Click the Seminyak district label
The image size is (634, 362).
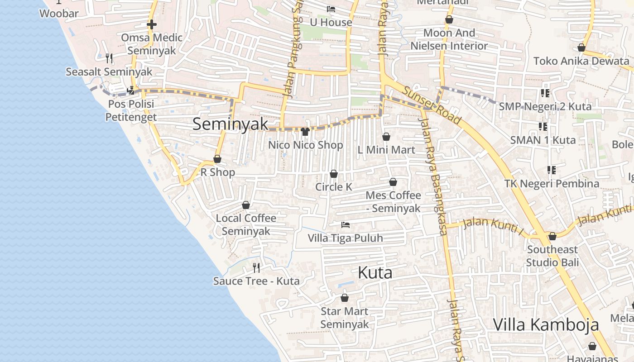click(x=230, y=124)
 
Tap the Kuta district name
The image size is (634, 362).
click(x=375, y=272)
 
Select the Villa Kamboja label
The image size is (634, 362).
click(x=546, y=324)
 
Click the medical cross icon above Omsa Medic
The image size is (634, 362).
click(x=152, y=24)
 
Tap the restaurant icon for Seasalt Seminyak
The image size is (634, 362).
click(x=109, y=58)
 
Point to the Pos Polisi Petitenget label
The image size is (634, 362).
click(x=131, y=110)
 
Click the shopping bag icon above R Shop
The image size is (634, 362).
click(x=217, y=159)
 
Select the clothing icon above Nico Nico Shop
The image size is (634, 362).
click(x=305, y=132)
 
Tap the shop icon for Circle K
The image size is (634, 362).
click(x=334, y=174)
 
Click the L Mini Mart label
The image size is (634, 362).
click(x=386, y=150)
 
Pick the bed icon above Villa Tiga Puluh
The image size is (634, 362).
click(x=346, y=224)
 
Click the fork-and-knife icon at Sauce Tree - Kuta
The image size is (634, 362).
click(x=256, y=267)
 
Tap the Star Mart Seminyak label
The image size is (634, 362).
click(x=345, y=318)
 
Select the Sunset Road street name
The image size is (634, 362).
click(x=432, y=106)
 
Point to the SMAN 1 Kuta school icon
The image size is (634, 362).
click(x=543, y=127)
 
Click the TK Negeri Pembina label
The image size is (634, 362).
click(x=552, y=184)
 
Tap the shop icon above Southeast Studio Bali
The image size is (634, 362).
click(x=552, y=236)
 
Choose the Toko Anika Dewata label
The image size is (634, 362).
click(x=581, y=61)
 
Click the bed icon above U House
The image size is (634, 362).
click(x=331, y=9)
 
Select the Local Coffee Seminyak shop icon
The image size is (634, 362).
click(x=246, y=205)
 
